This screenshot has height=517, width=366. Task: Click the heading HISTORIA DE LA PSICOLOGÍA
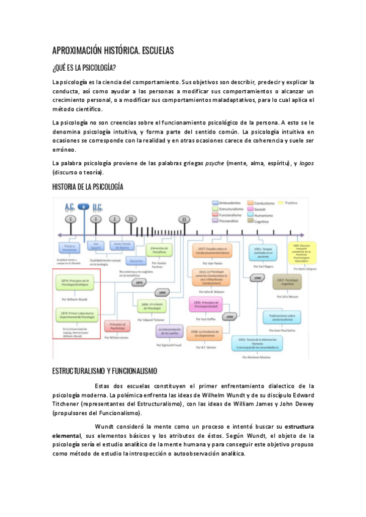87,187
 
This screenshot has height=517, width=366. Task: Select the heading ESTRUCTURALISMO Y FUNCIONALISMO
104,371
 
